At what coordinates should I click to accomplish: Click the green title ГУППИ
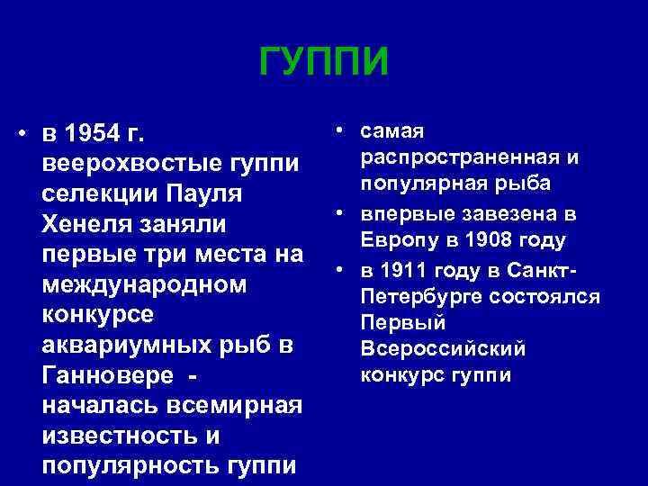(324, 62)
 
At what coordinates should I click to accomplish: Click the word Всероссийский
(443, 348)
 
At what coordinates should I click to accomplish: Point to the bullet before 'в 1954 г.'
(21, 135)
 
